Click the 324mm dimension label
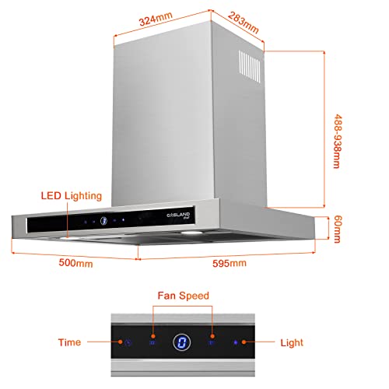pyautogui.click(x=156, y=19)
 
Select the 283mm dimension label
pyautogui.click(x=244, y=23)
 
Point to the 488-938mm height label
pyautogui.click(x=338, y=141)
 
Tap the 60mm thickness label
pyautogui.click(x=338, y=229)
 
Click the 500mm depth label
pyautogui.click(x=75, y=263)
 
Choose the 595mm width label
pyautogui.click(x=230, y=263)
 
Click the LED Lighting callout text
pyautogui.click(x=72, y=196)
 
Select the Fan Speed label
pyautogui.click(x=184, y=296)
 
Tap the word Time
pyautogui.click(x=69, y=342)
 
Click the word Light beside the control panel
pyautogui.click(x=292, y=343)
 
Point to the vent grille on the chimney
pyautogui.click(x=250, y=66)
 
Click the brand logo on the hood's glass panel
pyautogui.click(x=178, y=216)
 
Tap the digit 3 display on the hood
pyautogui.click(x=103, y=221)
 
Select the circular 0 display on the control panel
pyautogui.click(x=182, y=342)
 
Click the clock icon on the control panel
pyautogui.click(x=128, y=343)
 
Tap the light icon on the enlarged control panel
pyautogui.click(x=236, y=342)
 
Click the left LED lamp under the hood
pyautogui.click(x=69, y=238)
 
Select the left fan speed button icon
pyautogui.click(x=152, y=343)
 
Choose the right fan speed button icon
pyautogui.click(x=211, y=343)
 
